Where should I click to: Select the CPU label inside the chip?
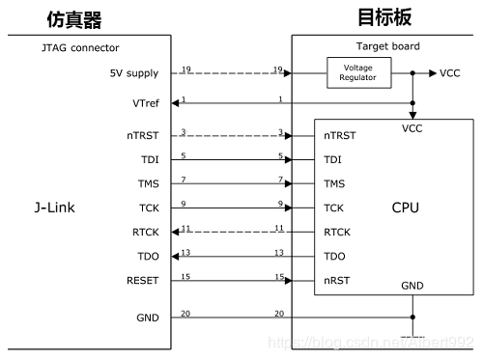click(405, 208)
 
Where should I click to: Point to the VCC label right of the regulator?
click(451, 73)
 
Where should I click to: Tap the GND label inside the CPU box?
click(412, 286)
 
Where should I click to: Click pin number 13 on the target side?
click(279, 252)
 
